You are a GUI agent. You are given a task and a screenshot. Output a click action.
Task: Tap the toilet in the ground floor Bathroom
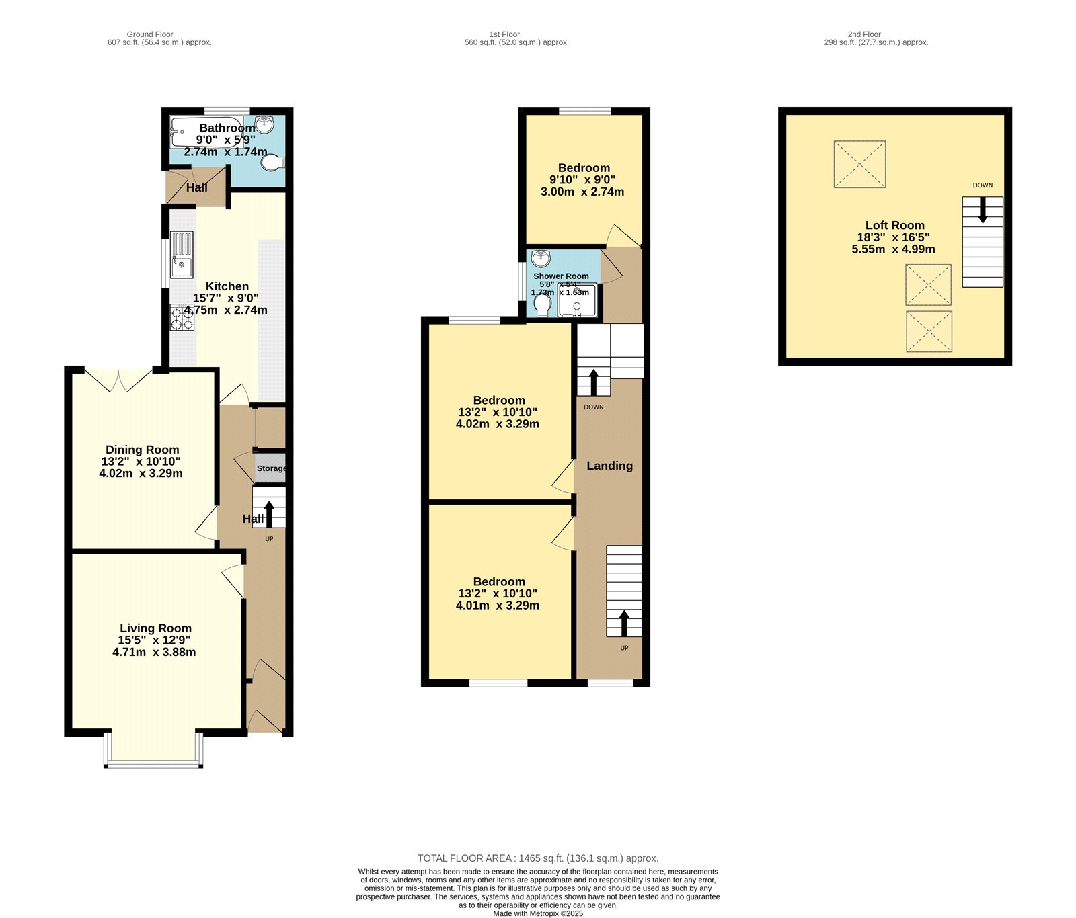273,163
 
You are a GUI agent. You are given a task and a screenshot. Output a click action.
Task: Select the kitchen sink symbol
182,254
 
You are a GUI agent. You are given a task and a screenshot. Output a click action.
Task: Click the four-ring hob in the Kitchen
182,317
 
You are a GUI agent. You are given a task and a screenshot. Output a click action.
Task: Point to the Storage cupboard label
271,468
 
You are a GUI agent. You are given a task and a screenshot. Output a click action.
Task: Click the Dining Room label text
143,450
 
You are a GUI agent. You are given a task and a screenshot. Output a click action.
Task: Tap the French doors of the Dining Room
118,380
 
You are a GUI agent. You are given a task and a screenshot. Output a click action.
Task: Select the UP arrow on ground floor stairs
269,513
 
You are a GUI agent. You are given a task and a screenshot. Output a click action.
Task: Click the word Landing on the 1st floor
609,466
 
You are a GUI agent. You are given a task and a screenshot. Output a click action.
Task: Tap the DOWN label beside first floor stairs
593,407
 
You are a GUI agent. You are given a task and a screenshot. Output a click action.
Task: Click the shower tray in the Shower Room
577,300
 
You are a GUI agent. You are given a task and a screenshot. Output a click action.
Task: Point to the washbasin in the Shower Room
541,259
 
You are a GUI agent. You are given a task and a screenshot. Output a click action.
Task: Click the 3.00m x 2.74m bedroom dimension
582,192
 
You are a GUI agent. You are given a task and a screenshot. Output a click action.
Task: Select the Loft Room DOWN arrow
983,210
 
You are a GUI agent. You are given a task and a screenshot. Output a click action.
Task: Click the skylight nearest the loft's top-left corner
859,164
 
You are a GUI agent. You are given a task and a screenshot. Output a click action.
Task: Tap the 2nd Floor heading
864,34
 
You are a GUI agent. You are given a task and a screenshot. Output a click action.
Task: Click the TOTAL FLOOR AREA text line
538,858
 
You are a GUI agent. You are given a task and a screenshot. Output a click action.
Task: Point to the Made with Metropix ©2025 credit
538,913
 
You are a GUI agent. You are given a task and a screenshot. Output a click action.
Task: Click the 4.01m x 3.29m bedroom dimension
498,606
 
